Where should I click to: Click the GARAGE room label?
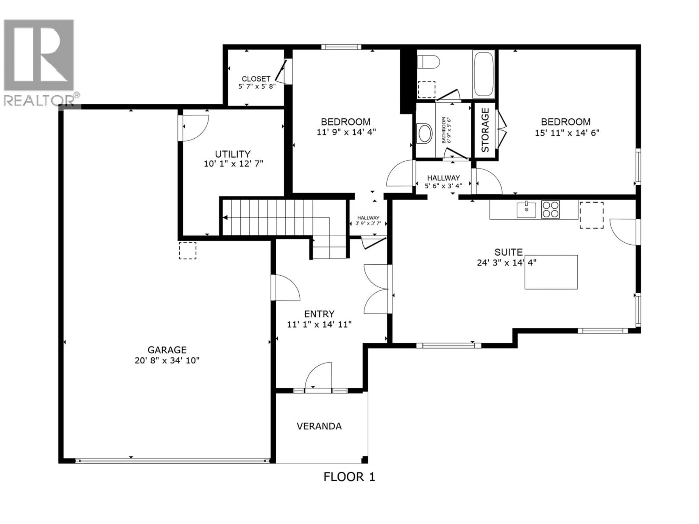[167, 350]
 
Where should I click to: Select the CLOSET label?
[256, 79]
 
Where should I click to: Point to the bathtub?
[484, 74]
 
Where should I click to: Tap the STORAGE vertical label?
[485, 130]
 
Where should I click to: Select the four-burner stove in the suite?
[550, 209]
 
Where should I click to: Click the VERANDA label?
[319, 426]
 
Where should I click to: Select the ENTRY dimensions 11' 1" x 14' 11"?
[319, 324]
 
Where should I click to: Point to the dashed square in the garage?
[188, 251]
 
